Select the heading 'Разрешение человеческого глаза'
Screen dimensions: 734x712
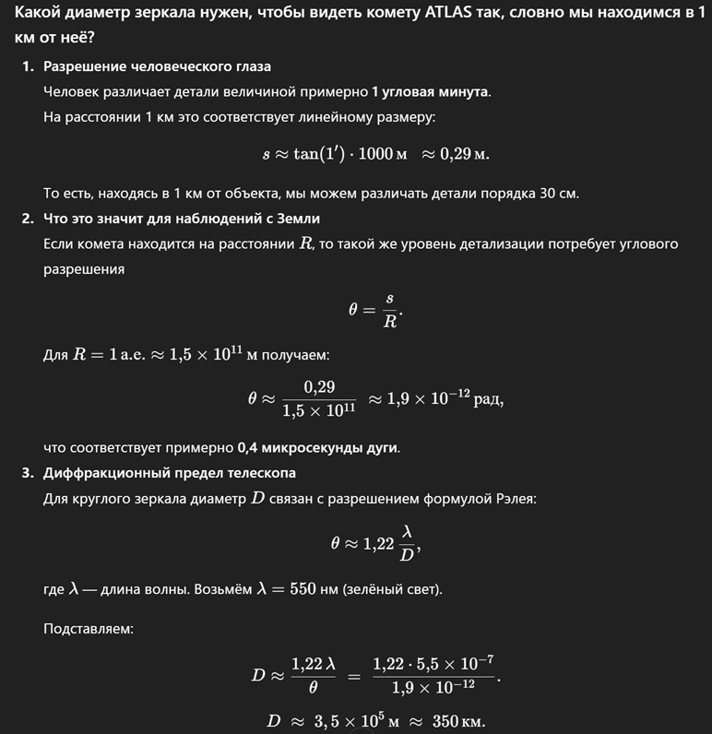pyautogui.click(x=157, y=67)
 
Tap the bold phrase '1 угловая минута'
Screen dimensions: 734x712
pyautogui.click(x=431, y=92)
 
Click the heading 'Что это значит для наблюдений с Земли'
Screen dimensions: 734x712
pyautogui.click(x=182, y=219)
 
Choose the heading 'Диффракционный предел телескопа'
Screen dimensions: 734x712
pyautogui.click(x=170, y=473)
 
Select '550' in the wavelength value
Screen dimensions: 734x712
pyautogui.click(x=303, y=588)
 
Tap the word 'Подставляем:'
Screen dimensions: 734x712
pyautogui.click(x=89, y=629)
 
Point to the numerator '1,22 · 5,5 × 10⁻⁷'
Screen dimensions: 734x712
pyautogui.click(x=433, y=664)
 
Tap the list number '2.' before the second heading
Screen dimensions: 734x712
pyautogui.click(x=29, y=219)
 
